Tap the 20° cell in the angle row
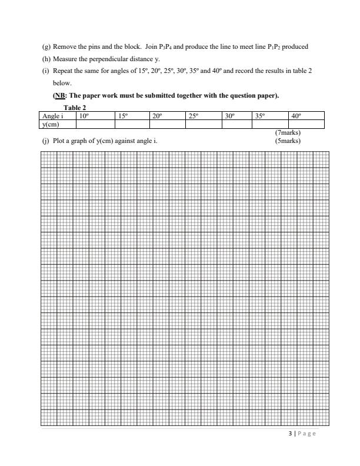pos(168,116)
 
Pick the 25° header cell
pos(204,116)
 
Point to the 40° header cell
pos(306,116)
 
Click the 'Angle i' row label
pos(53,116)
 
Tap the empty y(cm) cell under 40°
pos(306,124)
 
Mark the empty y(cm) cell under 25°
pos(204,124)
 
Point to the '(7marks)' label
pos(288,133)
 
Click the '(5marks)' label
pos(288,141)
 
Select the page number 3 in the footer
pos(290,434)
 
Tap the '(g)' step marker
pos(45,46)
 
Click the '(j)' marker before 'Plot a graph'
pos(45,141)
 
